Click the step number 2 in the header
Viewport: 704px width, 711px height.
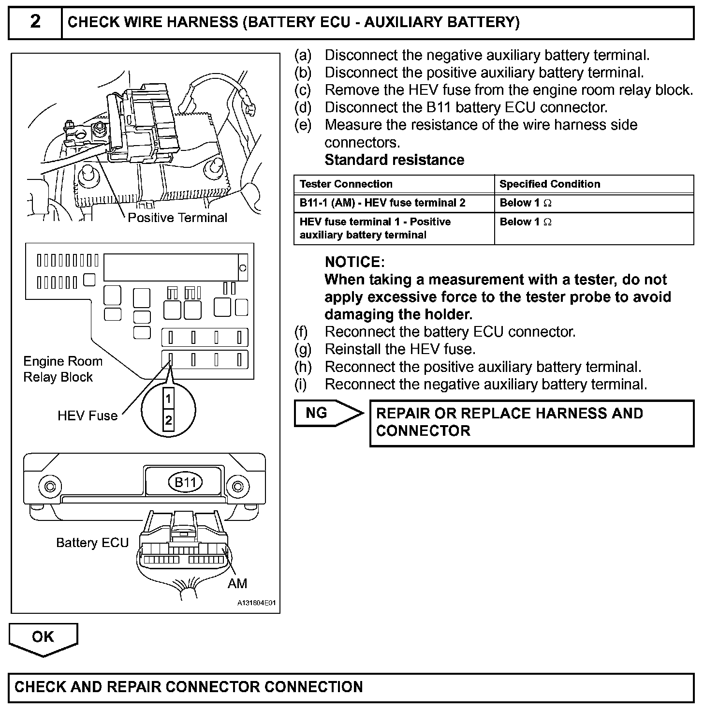click(35, 22)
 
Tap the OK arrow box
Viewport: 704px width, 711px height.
click(43, 637)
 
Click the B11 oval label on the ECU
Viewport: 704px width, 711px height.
click(185, 482)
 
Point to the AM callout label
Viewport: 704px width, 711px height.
click(237, 583)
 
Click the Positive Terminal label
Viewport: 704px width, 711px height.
click(177, 218)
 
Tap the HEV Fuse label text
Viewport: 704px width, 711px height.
click(88, 416)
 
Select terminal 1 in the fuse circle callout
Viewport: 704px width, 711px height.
click(168, 399)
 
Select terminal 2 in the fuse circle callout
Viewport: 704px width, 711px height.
click(168, 420)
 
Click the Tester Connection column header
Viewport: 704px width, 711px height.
click(346, 184)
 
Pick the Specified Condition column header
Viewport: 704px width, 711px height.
click(549, 184)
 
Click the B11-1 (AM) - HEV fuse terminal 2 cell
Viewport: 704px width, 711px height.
click(382, 203)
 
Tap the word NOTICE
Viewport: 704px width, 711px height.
click(354, 262)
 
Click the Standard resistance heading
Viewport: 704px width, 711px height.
click(394, 160)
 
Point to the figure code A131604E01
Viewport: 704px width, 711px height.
click(256, 604)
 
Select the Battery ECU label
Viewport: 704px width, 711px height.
click(92, 543)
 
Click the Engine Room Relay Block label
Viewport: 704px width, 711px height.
click(63, 369)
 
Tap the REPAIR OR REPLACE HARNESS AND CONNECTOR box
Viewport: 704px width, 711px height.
click(531, 422)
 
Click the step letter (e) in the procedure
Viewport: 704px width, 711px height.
click(303, 125)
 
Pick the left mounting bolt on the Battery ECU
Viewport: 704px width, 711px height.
click(49, 486)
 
